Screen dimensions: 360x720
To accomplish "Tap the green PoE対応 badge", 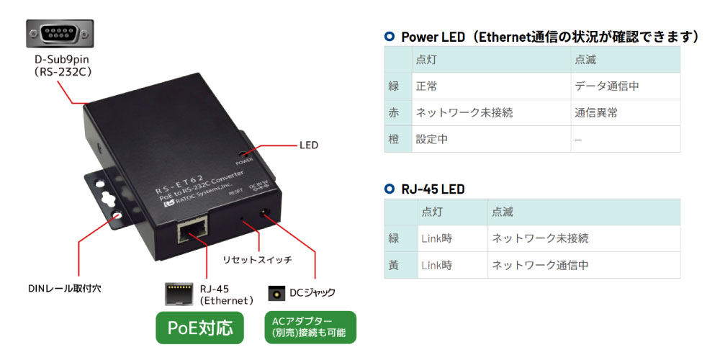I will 200,328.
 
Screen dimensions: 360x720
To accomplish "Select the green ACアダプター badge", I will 310,328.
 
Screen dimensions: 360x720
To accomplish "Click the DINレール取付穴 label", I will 65,289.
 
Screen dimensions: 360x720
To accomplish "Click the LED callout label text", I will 308,145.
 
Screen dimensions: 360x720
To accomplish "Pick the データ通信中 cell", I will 607,86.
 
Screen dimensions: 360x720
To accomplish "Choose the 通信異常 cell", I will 596,113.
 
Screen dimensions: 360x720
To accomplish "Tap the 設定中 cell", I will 432,139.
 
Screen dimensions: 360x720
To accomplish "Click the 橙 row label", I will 394,139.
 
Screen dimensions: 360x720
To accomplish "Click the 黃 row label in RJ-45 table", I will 394,265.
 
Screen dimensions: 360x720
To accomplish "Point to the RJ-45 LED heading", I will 433,189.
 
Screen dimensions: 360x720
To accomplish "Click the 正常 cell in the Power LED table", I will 427,86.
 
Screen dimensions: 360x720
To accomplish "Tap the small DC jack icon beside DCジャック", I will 274,293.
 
